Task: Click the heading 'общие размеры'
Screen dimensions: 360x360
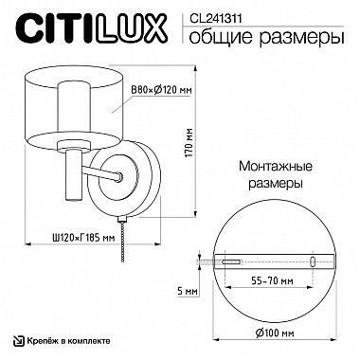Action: pyautogui.click(x=261, y=37)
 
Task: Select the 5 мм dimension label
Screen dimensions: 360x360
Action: pyautogui.click(x=186, y=292)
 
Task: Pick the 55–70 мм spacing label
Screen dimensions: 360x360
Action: pyautogui.click(x=273, y=282)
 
